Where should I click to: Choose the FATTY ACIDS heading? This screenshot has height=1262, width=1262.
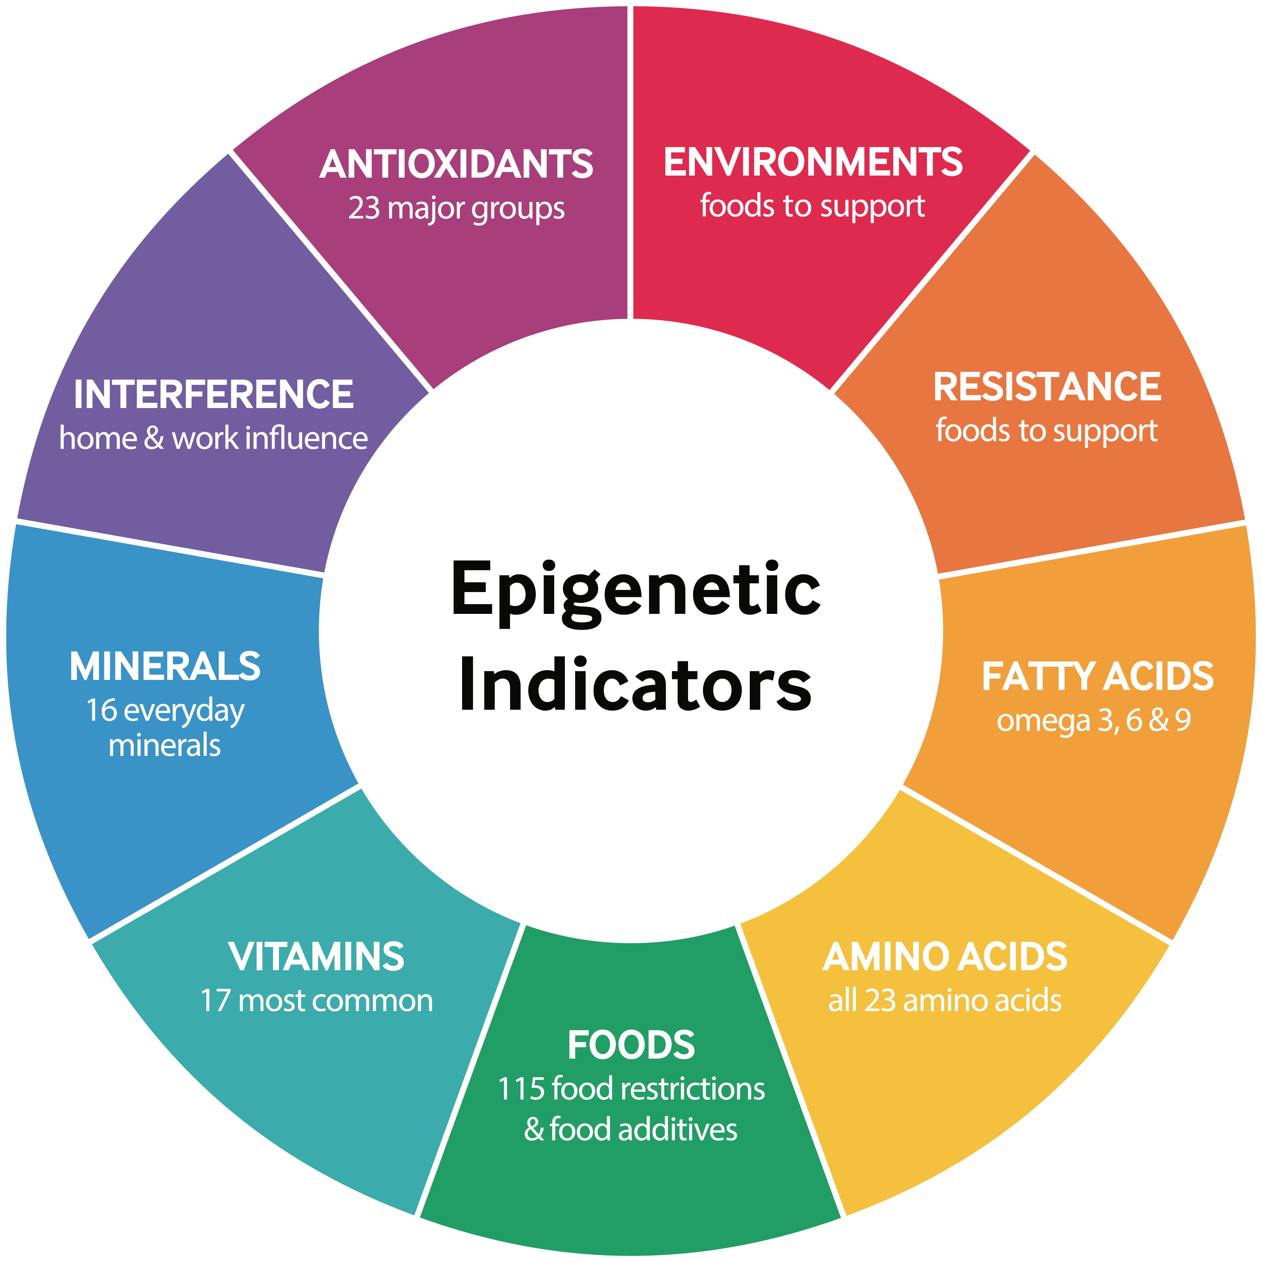[x=1097, y=677]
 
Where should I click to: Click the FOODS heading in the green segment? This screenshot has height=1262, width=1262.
[x=631, y=1045]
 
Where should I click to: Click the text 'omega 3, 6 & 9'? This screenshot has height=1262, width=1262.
[x=1094, y=721]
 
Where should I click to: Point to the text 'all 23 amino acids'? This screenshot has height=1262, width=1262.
[x=945, y=1001]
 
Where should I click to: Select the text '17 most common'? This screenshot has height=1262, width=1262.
[x=316, y=1001]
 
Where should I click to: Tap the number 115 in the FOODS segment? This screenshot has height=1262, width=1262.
[x=521, y=1089]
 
